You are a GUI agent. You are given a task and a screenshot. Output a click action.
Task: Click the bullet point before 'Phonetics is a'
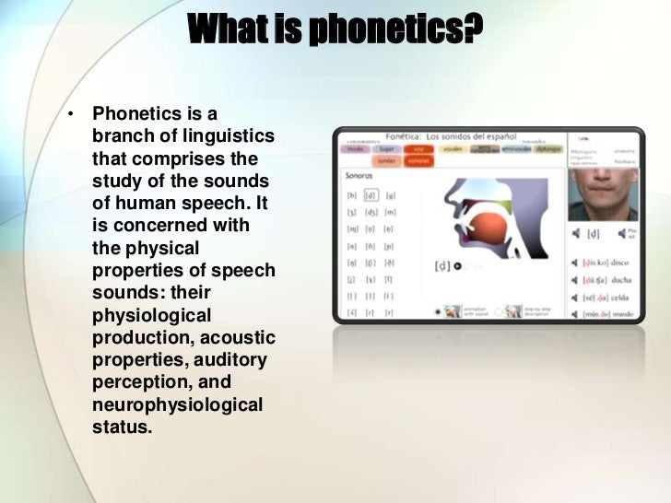pos(68,116)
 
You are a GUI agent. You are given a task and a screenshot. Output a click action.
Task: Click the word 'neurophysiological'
pos(177,405)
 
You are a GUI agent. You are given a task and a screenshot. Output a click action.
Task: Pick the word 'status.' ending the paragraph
pos(122,427)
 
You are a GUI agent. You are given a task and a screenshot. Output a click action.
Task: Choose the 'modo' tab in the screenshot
pos(356,147)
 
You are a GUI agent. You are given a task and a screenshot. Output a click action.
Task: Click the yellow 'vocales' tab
pos(453,147)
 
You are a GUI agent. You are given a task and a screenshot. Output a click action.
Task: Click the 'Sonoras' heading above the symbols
pos(359,175)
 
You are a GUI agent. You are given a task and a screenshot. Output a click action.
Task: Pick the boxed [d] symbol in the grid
pos(371,195)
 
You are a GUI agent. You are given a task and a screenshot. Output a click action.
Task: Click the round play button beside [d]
pos(457,266)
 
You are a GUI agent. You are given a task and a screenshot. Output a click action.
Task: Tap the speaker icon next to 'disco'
pos(575,263)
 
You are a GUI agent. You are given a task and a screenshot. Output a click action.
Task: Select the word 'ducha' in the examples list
pos(621,280)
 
